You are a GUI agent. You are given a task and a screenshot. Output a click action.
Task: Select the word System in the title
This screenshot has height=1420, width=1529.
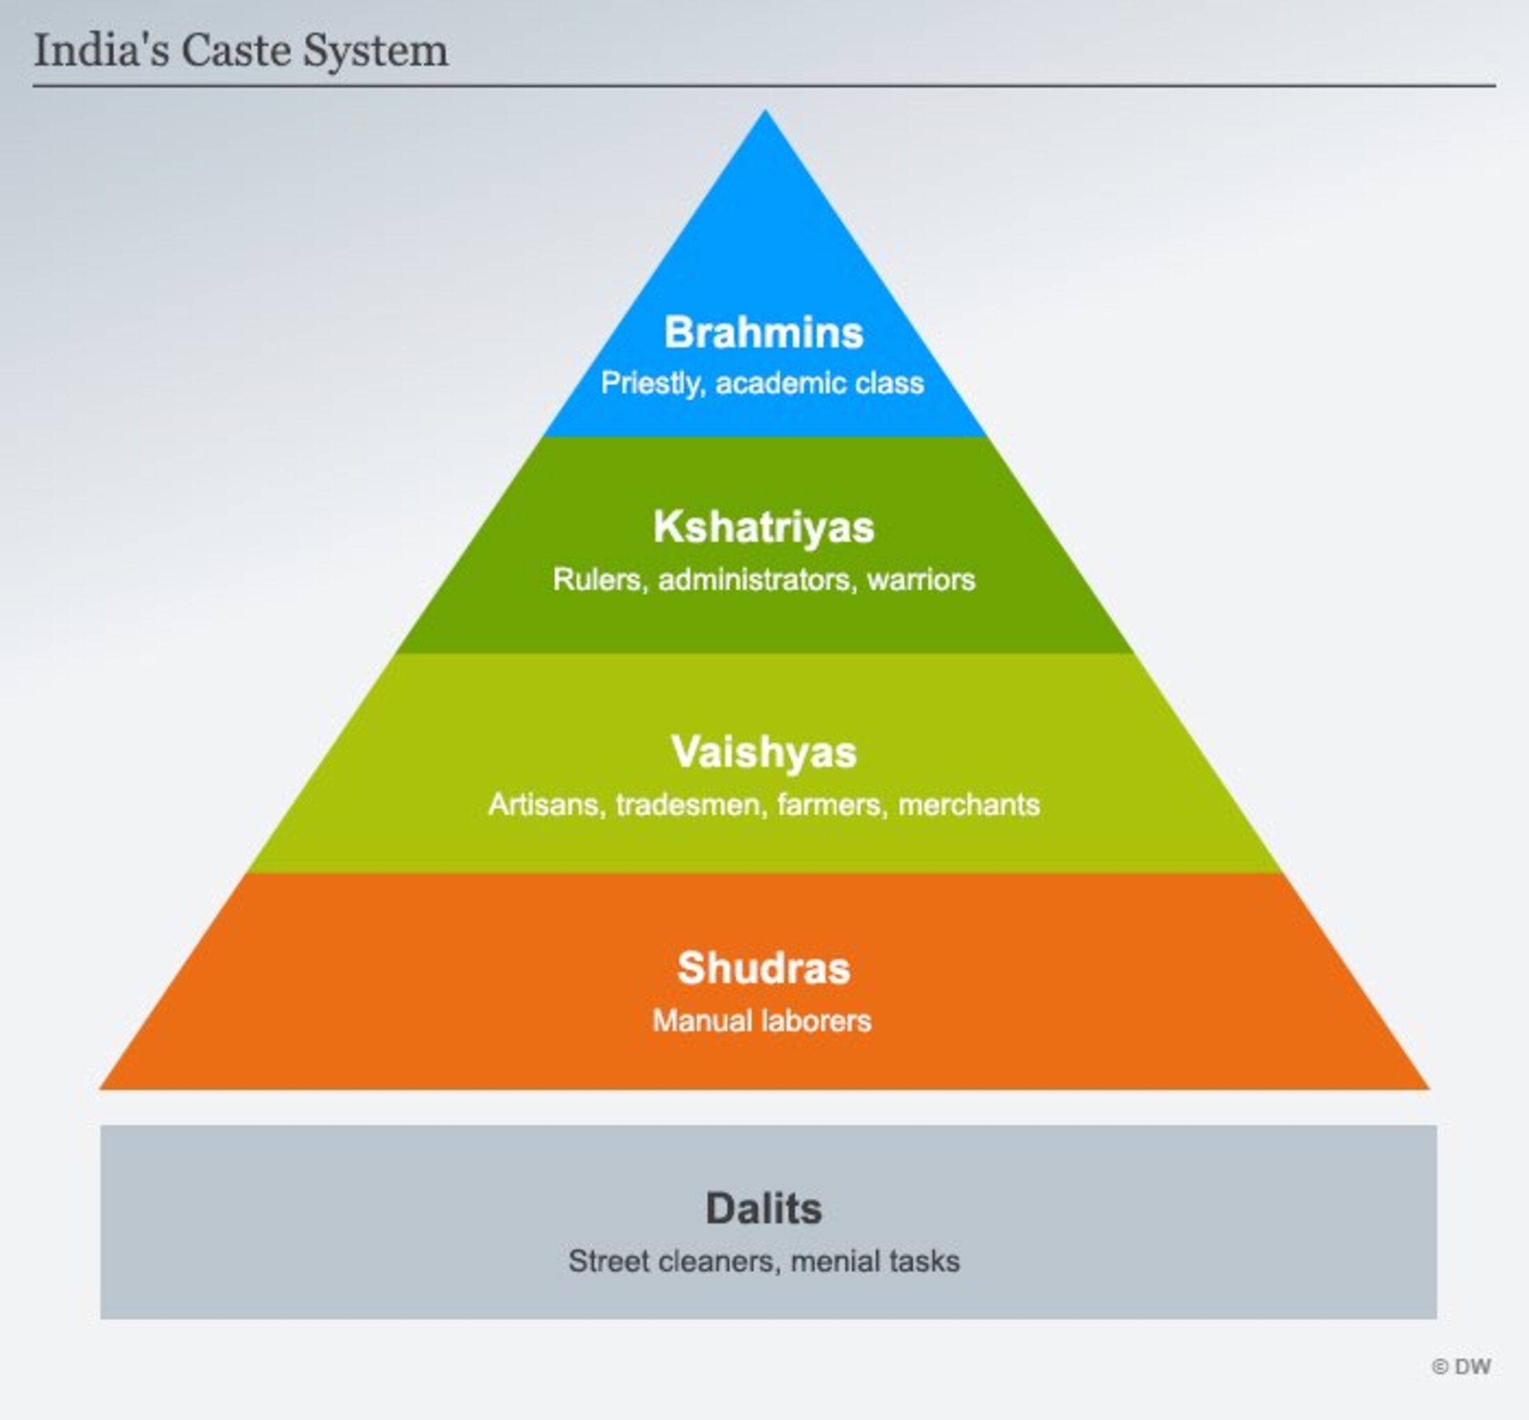375,51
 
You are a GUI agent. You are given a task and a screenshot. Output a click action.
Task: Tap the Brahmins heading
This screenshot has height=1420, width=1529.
764,333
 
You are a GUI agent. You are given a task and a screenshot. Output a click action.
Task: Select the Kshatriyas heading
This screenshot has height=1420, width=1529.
764,528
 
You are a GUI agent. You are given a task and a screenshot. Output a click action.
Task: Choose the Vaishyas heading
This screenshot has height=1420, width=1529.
764,751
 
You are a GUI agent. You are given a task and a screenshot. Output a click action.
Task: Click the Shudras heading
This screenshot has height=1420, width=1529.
764,968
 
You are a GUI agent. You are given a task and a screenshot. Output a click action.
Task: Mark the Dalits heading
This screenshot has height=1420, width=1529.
764,1209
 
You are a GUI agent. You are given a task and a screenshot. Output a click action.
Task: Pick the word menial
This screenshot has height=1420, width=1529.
835,1262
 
